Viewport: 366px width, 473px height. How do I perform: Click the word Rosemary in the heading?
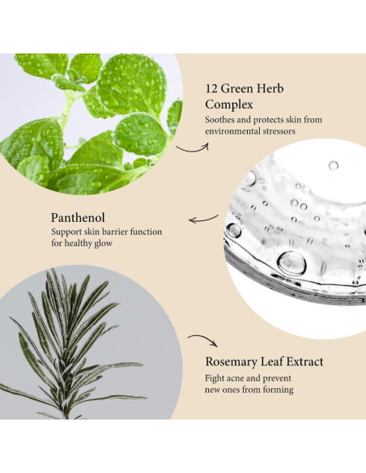[x=232, y=361]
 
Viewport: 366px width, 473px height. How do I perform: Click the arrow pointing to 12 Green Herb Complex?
[x=191, y=147]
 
